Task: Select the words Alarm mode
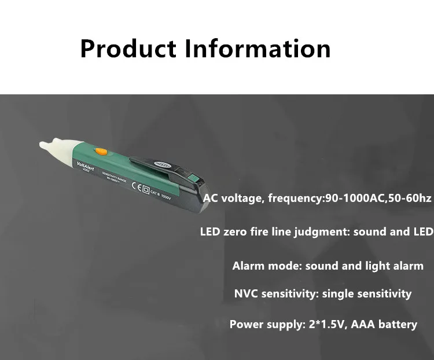[267, 266]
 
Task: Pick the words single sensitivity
[367, 293]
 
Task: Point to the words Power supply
[263, 324]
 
